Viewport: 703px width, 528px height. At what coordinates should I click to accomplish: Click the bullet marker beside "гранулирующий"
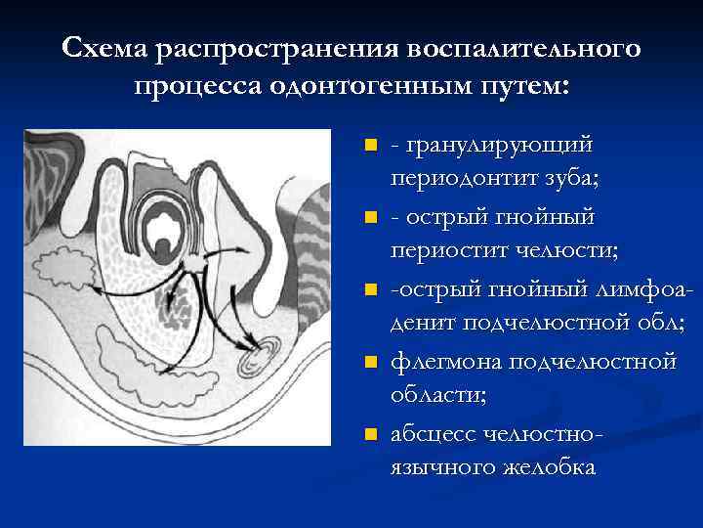(x=370, y=146)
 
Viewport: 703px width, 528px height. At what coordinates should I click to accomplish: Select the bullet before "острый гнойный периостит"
(x=370, y=215)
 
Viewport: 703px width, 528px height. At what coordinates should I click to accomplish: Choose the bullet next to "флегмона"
(x=370, y=363)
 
